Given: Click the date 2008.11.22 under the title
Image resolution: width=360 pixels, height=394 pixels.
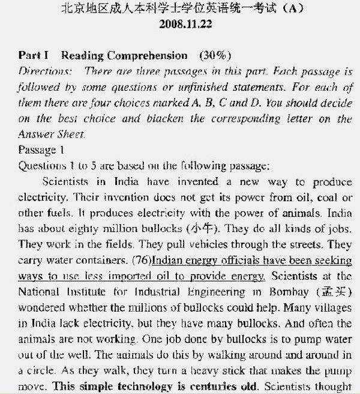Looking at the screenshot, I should (185, 25).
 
